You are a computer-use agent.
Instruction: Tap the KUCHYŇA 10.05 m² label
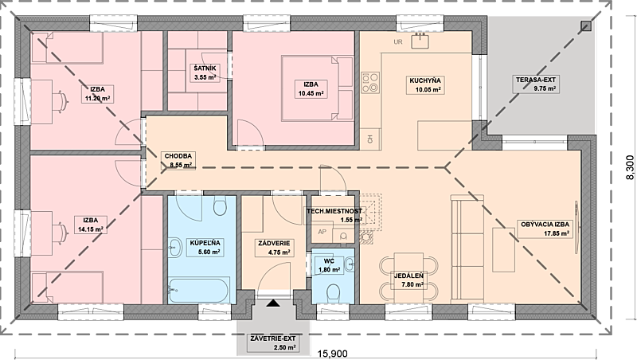click(425, 85)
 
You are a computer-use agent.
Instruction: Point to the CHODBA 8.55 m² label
click(178, 160)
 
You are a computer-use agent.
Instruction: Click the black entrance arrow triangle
click(273, 303)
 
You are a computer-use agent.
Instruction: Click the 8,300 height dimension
click(629, 167)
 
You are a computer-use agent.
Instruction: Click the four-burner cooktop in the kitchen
click(370, 83)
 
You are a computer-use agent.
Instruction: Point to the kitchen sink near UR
click(421, 41)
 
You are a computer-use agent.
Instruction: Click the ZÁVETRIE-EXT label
click(273, 343)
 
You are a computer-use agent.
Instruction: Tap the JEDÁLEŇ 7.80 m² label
click(409, 280)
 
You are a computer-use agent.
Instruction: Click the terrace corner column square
click(585, 26)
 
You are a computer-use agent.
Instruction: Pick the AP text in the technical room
click(322, 232)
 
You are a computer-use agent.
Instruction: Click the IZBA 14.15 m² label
click(91, 225)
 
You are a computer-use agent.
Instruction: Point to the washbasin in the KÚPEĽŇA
click(175, 247)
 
